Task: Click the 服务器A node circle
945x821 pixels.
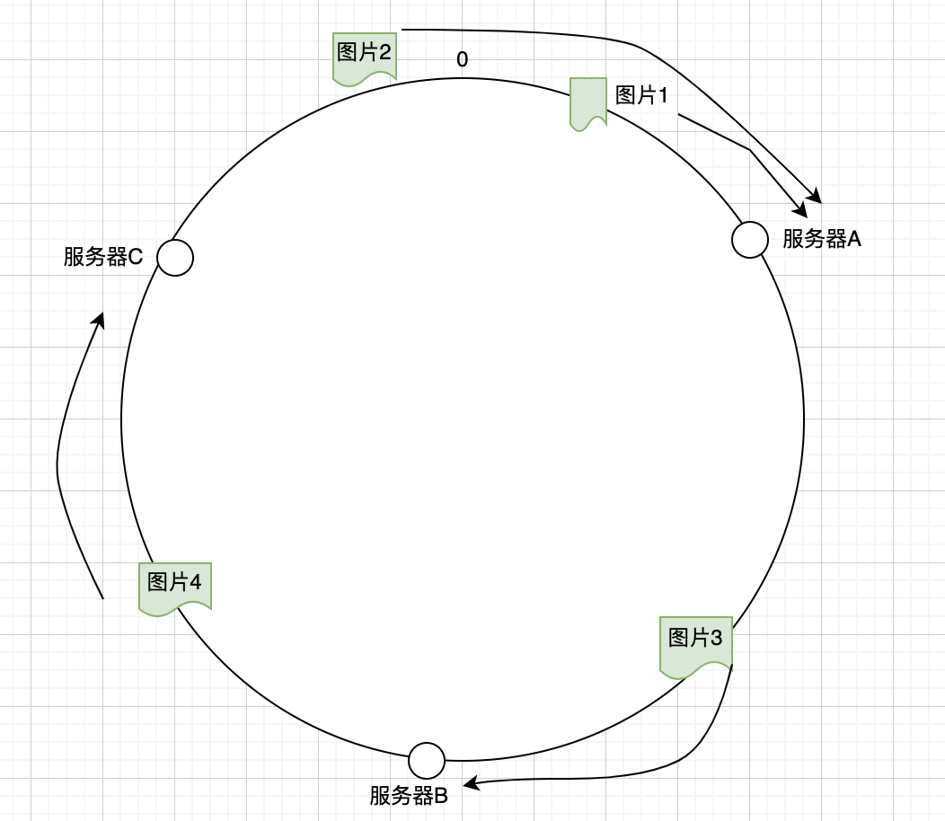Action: [x=750, y=240]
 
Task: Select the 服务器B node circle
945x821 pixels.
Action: [x=427, y=761]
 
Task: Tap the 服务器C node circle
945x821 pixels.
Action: [x=175, y=258]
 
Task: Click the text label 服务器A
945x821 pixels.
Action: [x=822, y=239]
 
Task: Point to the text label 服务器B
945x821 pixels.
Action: [x=409, y=796]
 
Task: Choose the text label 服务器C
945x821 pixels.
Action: [x=103, y=257]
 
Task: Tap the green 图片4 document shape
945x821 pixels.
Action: [x=175, y=587]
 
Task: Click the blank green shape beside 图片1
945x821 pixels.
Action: [x=588, y=102]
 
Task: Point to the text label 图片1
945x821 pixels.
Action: [x=641, y=94]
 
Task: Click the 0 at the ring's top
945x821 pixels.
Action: [x=463, y=60]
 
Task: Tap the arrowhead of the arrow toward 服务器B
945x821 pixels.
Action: [x=472, y=785]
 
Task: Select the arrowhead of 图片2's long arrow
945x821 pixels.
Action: [x=817, y=197]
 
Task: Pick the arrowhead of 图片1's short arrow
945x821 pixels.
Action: [x=804, y=211]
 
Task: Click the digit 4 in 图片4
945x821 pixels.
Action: [x=195, y=581]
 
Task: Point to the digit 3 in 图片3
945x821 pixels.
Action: [x=716, y=638]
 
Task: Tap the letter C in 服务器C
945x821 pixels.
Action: [x=136, y=257]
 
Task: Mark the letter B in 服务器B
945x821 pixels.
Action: [x=441, y=796]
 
